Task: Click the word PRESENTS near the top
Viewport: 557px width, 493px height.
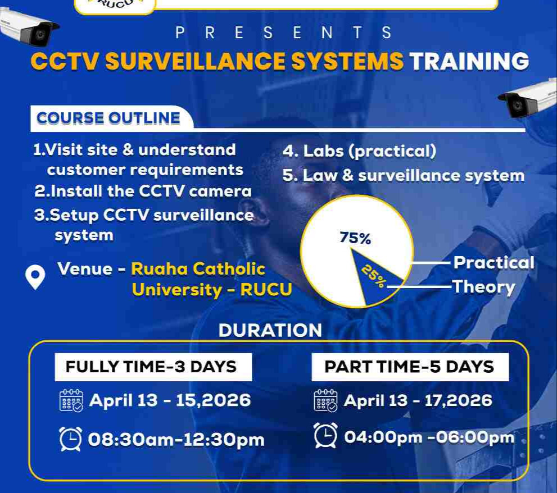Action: pyautogui.click(x=284, y=33)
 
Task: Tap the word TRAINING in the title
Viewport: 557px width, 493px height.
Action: pyautogui.click(x=469, y=62)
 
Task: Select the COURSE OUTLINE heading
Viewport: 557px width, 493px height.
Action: pyautogui.click(x=108, y=118)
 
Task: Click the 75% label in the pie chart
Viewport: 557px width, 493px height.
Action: pyautogui.click(x=355, y=238)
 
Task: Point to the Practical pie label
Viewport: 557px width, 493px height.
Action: pyautogui.click(x=493, y=262)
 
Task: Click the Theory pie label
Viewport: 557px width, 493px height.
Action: pyautogui.click(x=483, y=287)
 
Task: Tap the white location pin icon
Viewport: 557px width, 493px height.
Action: pyautogui.click(x=35, y=277)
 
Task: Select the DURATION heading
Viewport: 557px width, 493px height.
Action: pyautogui.click(x=270, y=330)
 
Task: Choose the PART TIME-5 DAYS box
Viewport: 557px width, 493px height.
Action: pyautogui.click(x=410, y=367)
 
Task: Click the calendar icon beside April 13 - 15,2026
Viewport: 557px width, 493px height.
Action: pyautogui.click(x=71, y=400)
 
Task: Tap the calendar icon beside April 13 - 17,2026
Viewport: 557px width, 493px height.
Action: pyautogui.click(x=325, y=400)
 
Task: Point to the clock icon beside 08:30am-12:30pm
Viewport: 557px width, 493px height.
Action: pyautogui.click(x=70, y=439)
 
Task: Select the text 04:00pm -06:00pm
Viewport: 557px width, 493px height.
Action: pyautogui.click(x=429, y=437)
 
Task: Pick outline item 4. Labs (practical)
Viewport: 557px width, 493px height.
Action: pyautogui.click(x=359, y=150)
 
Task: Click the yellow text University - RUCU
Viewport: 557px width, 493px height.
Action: pyautogui.click(x=212, y=290)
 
